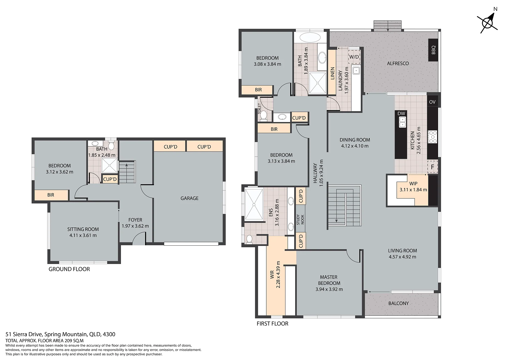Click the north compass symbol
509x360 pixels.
tap(488, 23)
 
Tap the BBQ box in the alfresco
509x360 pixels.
tap(433, 50)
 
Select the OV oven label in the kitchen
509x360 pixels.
tap(432, 102)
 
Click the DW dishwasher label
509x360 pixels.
tap(401, 114)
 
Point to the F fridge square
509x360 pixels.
tap(432, 167)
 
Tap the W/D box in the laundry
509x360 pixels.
tap(354, 57)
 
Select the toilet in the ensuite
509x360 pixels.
tap(249, 240)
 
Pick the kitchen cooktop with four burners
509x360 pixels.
tap(433, 137)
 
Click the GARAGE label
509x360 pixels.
tap(189, 198)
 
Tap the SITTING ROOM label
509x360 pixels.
tap(83, 229)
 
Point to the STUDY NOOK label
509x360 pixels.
tap(300, 220)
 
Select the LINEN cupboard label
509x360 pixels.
tap(332, 73)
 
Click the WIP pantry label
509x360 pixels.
tap(413, 184)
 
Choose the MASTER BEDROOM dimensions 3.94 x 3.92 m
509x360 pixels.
tap(329, 289)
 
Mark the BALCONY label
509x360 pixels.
tap(398, 303)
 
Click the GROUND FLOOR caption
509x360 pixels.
tap(69, 269)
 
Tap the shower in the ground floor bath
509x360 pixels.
tap(109, 165)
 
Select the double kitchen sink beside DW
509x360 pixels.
tap(402, 122)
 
